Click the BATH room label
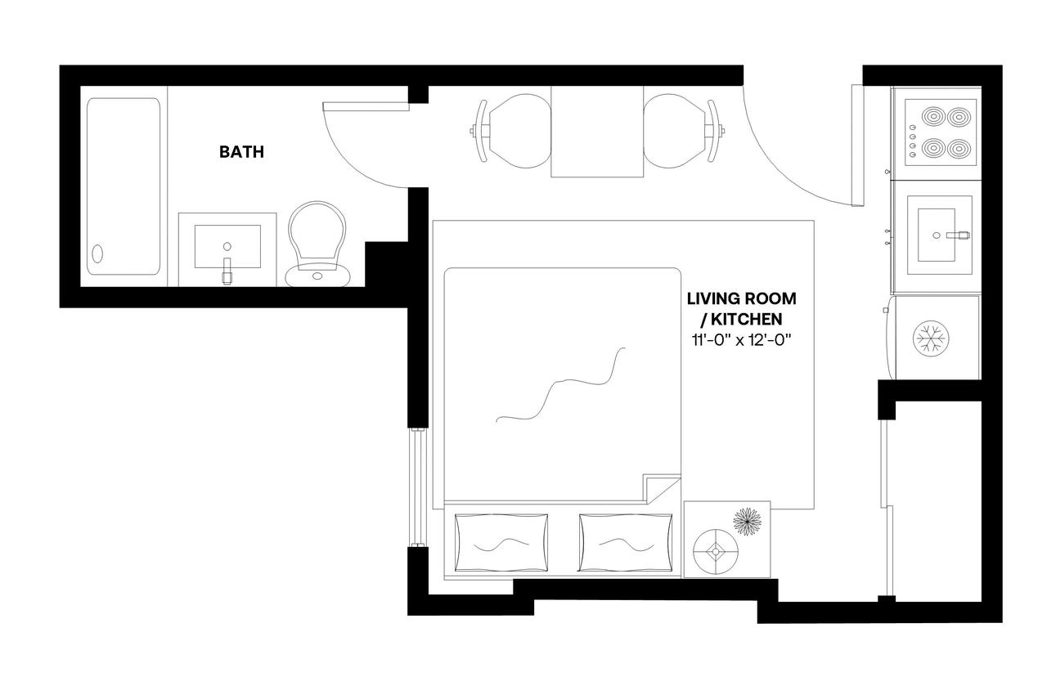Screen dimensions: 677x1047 [241, 152]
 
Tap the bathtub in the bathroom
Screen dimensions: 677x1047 [124, 186]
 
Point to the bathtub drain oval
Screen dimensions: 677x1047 [98, 253]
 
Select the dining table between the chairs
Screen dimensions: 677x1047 [596, 132]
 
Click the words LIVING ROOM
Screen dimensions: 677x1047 [741, 299]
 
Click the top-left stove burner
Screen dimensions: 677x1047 [932, 116]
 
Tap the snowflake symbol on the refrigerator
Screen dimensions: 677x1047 [927, 338]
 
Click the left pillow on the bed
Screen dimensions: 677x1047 [501, 542]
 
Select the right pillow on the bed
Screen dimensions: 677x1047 [625, 542]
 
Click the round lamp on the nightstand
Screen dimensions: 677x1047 [715, 552]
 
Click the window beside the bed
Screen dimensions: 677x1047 [418, 488]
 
